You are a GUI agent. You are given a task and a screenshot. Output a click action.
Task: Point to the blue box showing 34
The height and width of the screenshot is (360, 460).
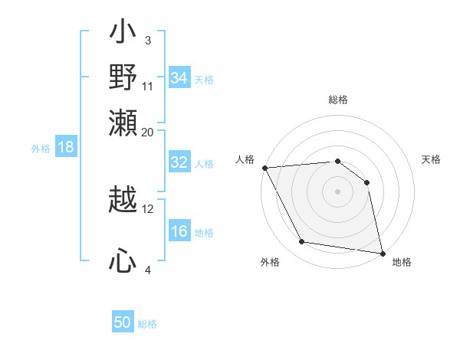click(179, 78)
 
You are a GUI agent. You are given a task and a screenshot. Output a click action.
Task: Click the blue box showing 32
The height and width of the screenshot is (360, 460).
click(179, 163)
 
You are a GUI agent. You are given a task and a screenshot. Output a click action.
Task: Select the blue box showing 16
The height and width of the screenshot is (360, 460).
click(179, 232)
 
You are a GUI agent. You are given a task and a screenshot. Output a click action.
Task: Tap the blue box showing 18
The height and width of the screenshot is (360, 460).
click(66, 148)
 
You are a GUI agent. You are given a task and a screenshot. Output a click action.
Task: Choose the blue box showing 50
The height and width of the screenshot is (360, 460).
click(123, 322)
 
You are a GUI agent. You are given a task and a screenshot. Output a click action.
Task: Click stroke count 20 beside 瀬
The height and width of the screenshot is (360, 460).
click(148, 132)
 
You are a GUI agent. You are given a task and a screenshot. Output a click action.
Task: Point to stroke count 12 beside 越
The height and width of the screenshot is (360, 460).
click(148, 208)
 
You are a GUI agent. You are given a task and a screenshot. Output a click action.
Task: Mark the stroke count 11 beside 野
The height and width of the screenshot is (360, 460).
click(148, 86)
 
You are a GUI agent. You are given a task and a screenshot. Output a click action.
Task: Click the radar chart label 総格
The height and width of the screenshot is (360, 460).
click(337, 100)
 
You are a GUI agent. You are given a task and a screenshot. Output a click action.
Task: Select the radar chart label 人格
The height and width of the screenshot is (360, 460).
click(245, 159)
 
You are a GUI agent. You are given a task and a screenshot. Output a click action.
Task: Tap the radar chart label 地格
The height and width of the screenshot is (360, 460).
click(402, 262)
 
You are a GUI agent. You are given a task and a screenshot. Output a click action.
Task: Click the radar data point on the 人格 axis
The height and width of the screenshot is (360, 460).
click(264, 168)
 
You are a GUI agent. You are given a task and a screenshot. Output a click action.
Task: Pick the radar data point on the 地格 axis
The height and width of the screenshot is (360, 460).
click(381, 252)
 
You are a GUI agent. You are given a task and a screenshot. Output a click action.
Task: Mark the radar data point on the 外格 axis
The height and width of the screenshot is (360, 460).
click(302, 242)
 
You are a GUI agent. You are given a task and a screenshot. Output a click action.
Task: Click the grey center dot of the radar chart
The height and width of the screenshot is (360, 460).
click(337, 191)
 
